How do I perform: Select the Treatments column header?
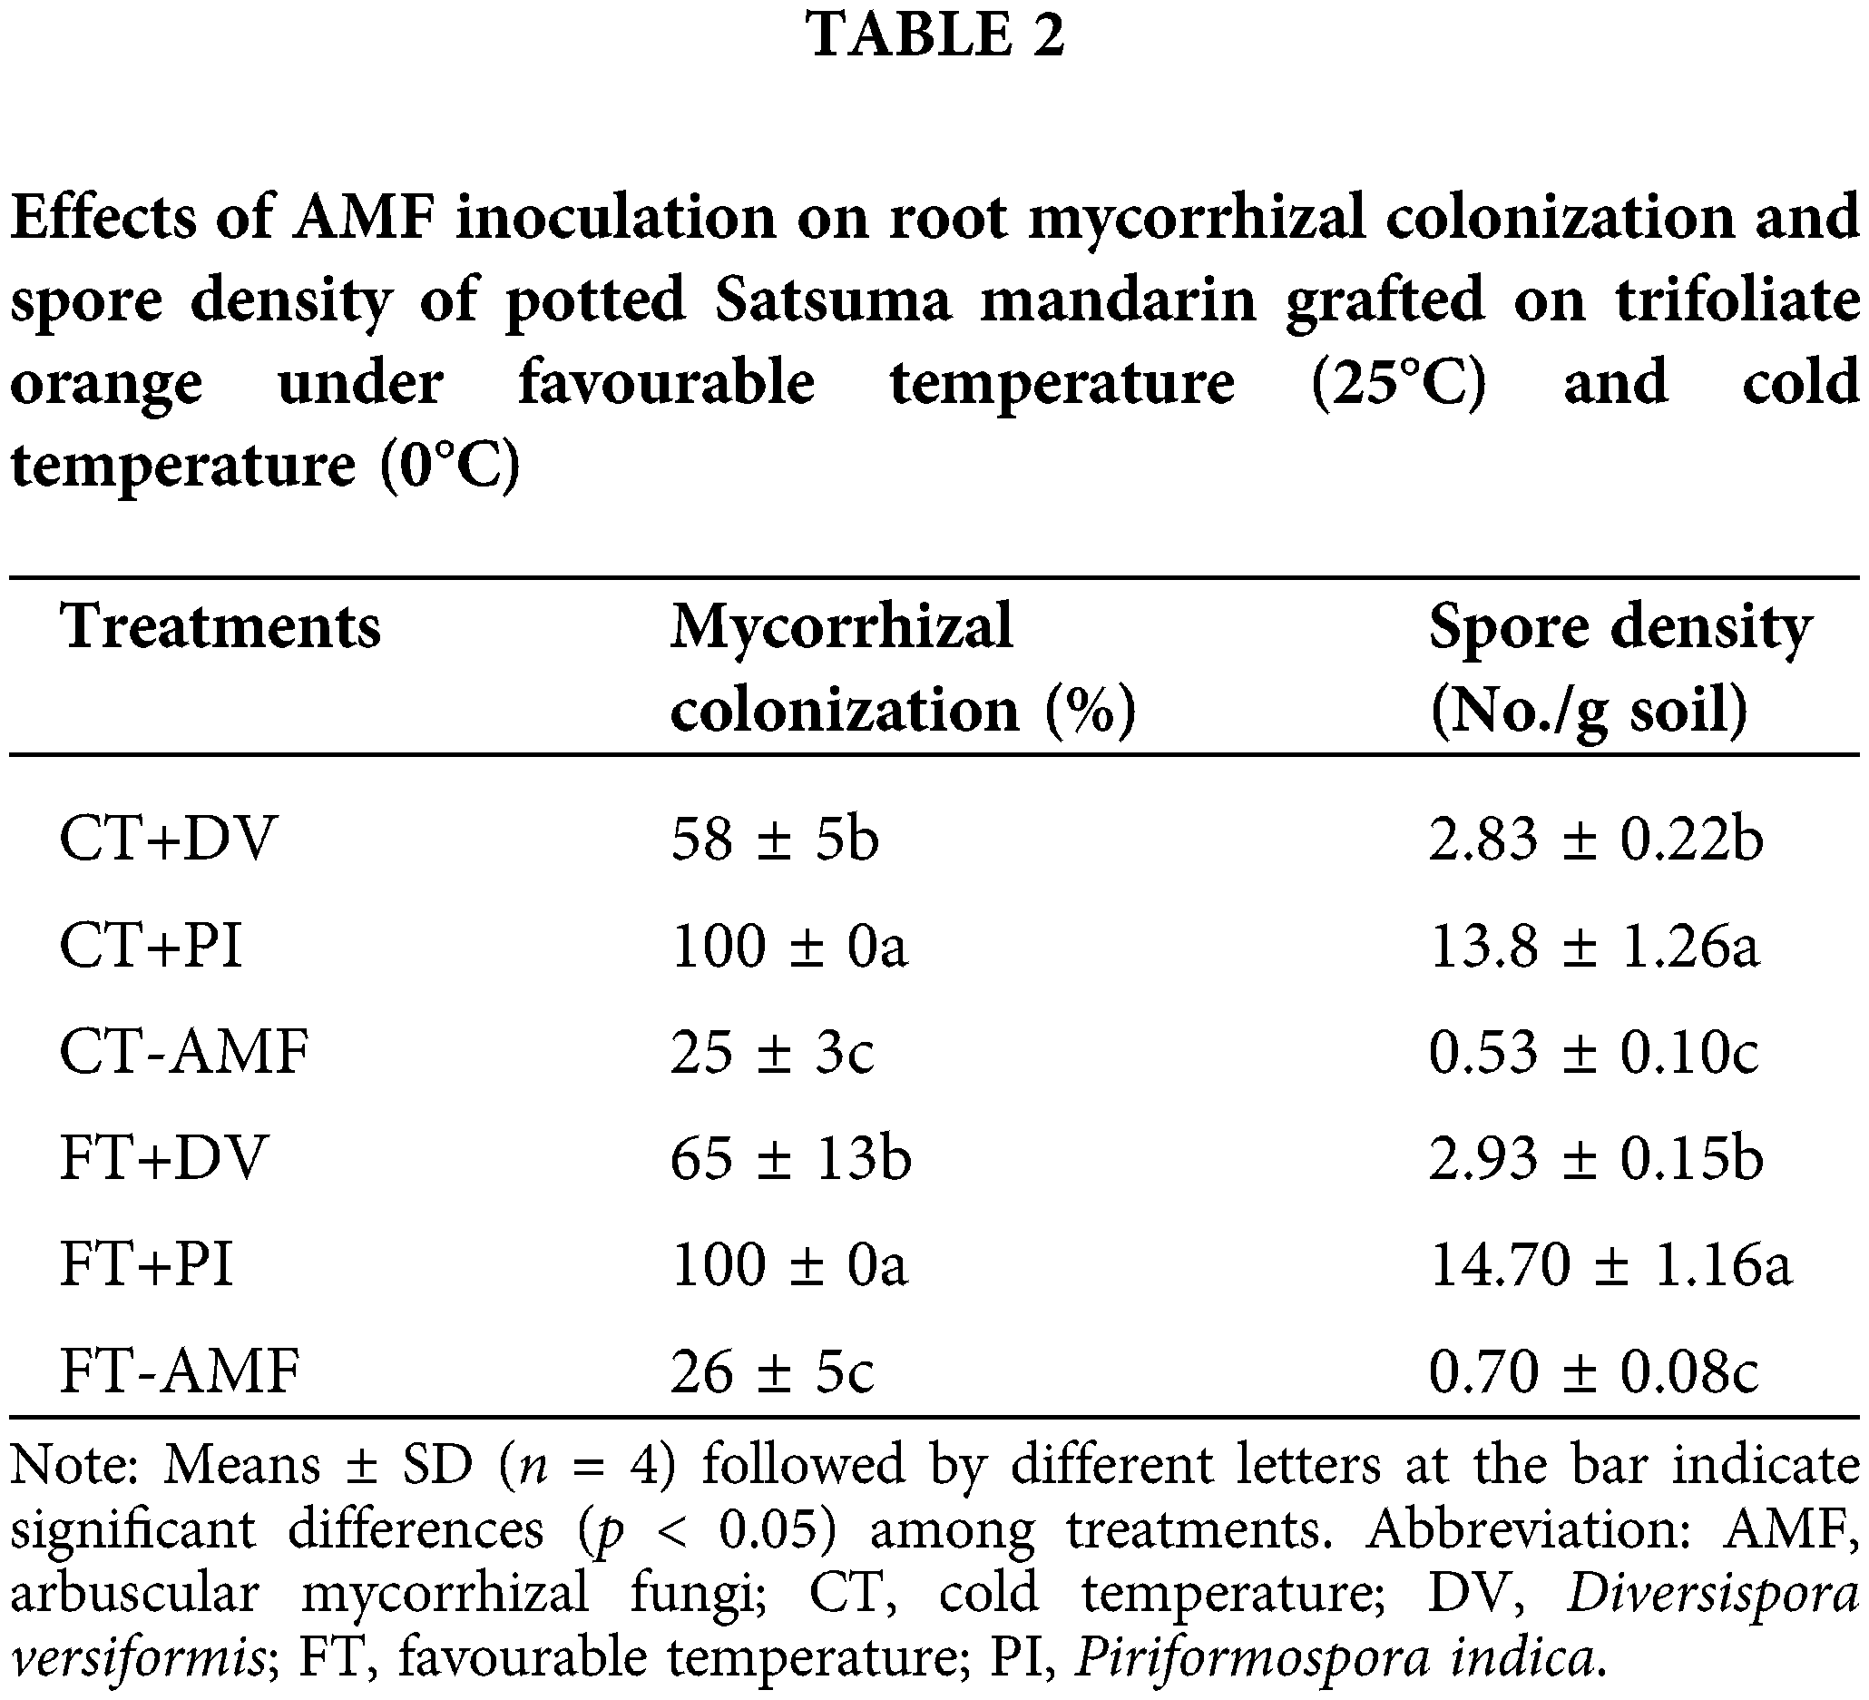220,627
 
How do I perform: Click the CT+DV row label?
168,840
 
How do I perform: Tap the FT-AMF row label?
180,1371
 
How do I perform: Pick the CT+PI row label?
152,947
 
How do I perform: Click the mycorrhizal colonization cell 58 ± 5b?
774,840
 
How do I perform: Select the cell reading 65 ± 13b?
791,1159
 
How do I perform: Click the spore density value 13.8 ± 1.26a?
1594,947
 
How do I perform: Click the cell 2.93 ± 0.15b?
1596,1159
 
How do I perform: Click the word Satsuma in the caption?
833,300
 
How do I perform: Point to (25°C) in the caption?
1398,382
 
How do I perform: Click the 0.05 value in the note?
778,1529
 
